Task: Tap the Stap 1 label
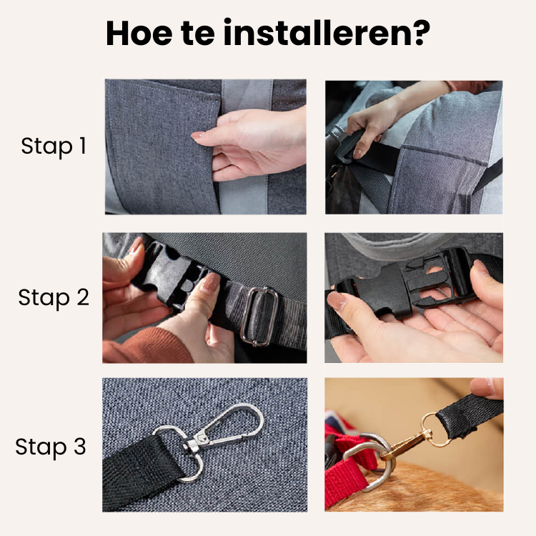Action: [x=54, y=147]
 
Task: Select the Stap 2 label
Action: [x=54, y=297]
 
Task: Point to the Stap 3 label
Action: [x=51, y=447]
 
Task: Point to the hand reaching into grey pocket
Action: [x=247, y=139]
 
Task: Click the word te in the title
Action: [x=207, y=34]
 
